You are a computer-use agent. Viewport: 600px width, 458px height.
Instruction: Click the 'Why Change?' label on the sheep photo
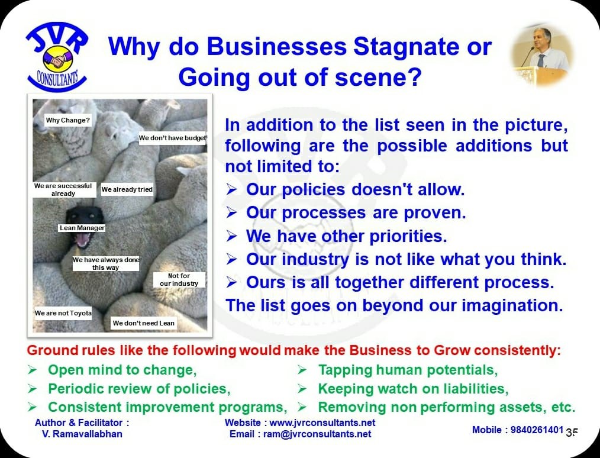67,120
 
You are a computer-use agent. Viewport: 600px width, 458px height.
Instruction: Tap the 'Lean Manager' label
82,228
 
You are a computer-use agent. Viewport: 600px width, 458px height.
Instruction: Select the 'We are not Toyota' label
63,314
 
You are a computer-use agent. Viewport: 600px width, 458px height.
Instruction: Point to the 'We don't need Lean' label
144,323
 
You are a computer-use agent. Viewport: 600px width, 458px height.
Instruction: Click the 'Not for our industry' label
179,280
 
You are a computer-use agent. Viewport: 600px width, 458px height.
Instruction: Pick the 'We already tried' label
127,189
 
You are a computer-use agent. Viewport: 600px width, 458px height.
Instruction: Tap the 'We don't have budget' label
172,138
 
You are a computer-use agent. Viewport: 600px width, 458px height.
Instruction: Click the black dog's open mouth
83,240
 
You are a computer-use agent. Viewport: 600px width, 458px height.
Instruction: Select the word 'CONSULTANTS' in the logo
57,79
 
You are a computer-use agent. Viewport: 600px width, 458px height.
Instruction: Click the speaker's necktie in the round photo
541,60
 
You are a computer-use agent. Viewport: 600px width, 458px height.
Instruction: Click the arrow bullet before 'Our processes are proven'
231,212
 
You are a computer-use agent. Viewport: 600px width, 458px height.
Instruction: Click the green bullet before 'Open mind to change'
32,370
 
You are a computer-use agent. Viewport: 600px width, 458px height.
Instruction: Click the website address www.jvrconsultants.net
322,423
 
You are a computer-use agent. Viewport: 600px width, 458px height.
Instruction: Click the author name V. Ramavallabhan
82,434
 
